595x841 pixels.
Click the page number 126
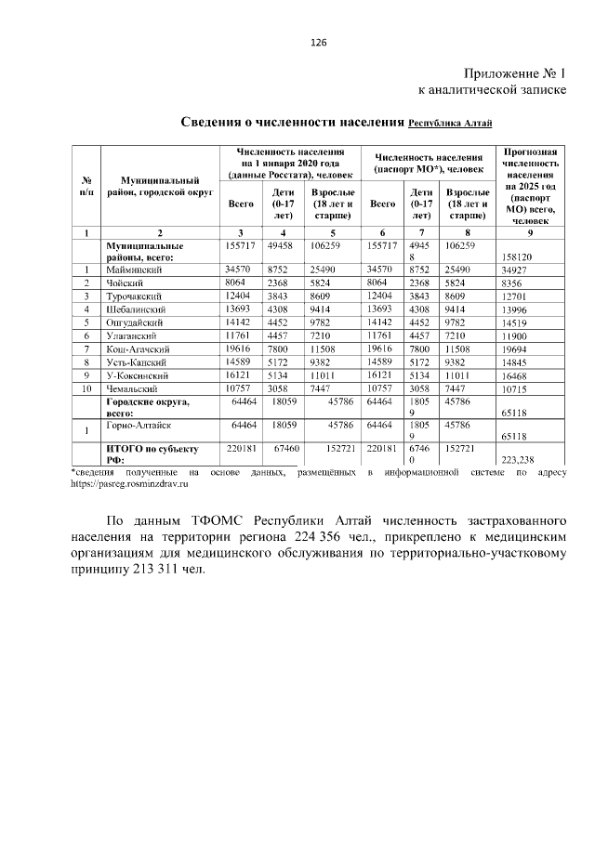pos(318,43)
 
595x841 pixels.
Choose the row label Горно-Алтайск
pos(139,422)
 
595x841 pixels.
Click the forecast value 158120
pos(519,256)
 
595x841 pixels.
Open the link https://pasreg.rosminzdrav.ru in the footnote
pos(130,484)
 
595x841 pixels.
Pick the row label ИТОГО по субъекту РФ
pos(147,453)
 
